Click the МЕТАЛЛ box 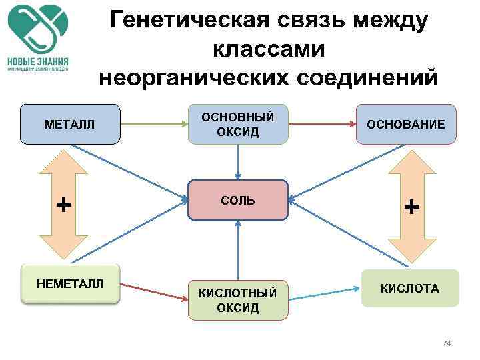pyautogui.click(x=70, y=124)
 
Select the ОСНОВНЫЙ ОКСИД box pyautogui.click(x=238, y=124)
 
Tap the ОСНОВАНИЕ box pyautogui.click(x=406, y=124)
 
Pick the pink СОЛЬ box pyautogui.click(x=238, y=200)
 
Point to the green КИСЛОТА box pyautogui.click(x=410, y=288)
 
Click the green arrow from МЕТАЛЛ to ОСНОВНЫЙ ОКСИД pyautogui.click(x=153, y=123)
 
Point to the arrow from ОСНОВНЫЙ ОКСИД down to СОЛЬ pyautogui.click(x=238, y=162)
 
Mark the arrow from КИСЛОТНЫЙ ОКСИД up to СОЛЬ pyautogui.click(x=238, y=250)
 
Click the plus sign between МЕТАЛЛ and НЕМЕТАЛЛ pyautogui.click(x=64, y=205)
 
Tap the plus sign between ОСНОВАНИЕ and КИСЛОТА pyautogui.click(x=412, y=207)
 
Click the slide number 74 pyautogui.click(x=447, y=343)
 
